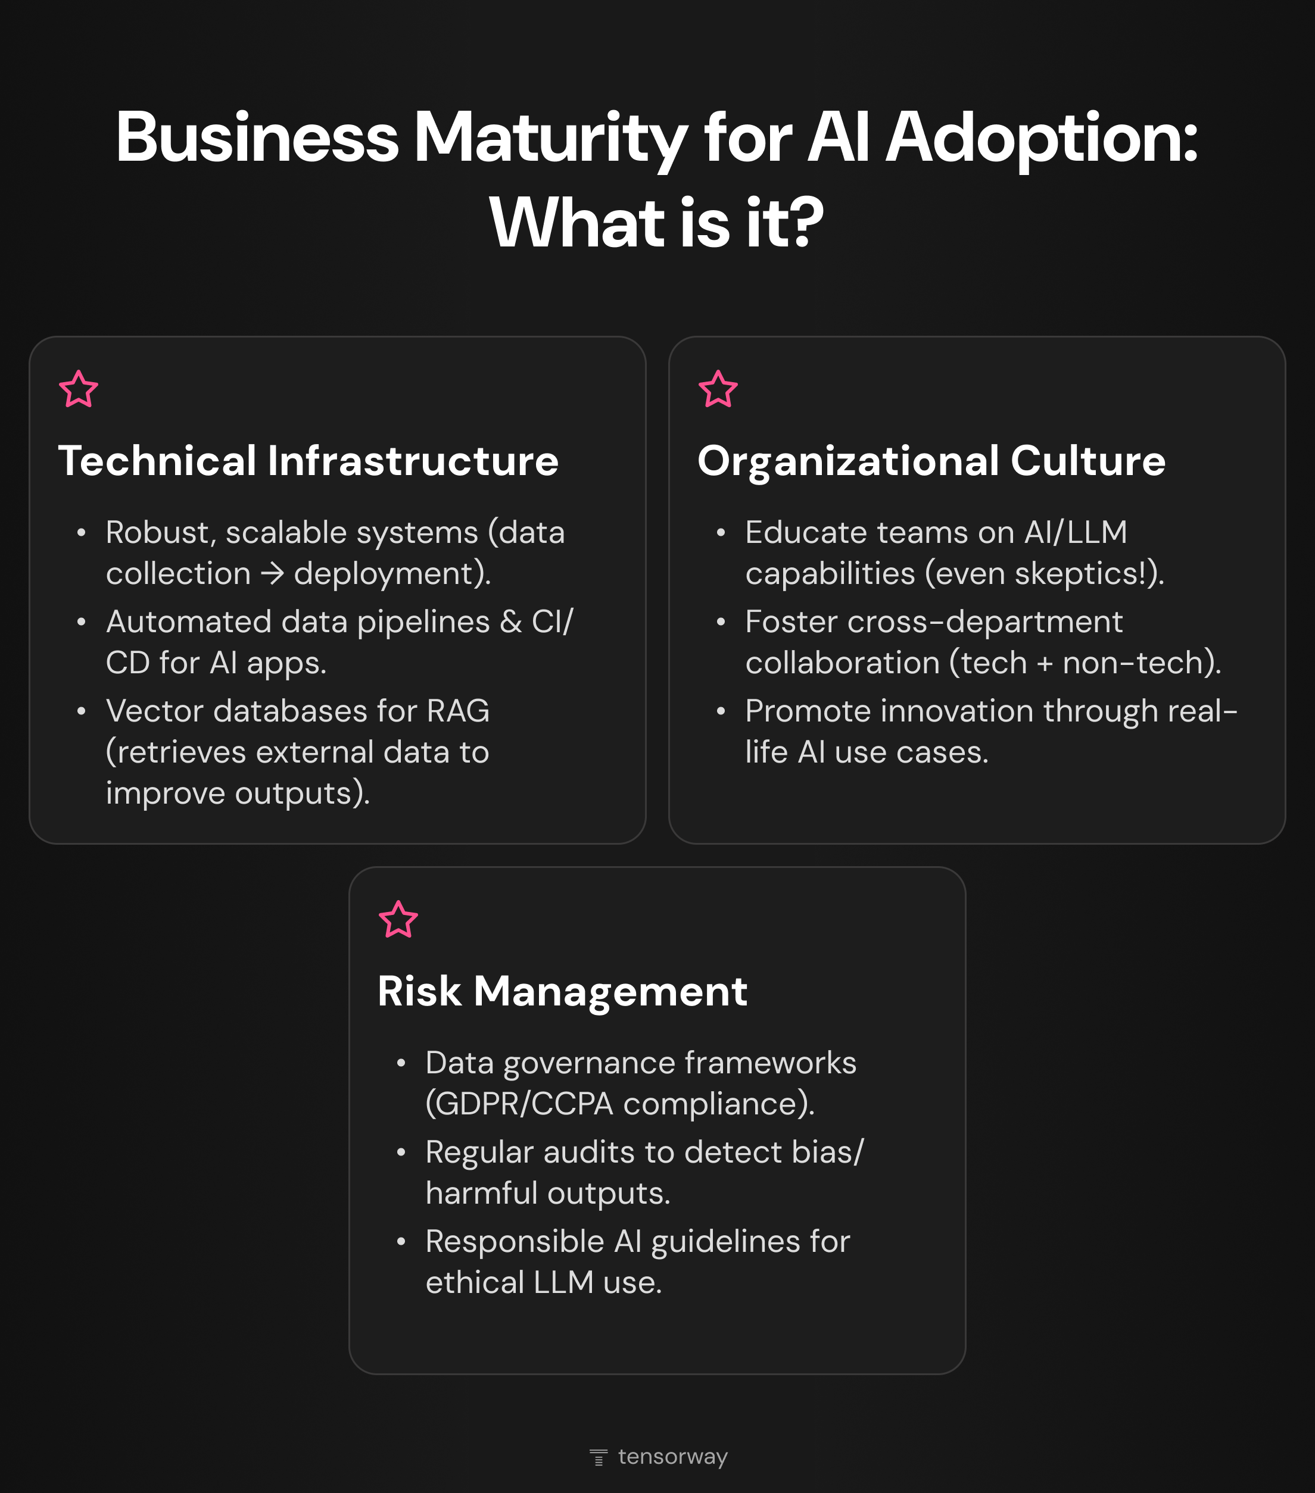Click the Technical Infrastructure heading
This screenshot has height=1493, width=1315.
pyautogui.click(x=309, y=461)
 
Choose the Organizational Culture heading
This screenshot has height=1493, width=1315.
pyautogui.click(x=931, y=461)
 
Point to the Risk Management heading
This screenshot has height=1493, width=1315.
pyautogui.click(x=562, y=991)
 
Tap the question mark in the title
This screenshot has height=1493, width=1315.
pyautogui.click(x=806, y=222)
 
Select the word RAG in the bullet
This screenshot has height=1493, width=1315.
pyautogui.click(x=458, y=711)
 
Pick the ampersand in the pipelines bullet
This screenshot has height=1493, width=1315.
pyautogui.click(x=510, y=621)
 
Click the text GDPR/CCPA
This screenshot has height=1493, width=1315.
pyautogui.click(x=519, y=1104)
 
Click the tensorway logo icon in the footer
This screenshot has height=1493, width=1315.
pyautogui.click(x=599, y=1457)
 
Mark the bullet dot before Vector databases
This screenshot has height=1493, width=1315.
pyautogui.click(x=81, y=711)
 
